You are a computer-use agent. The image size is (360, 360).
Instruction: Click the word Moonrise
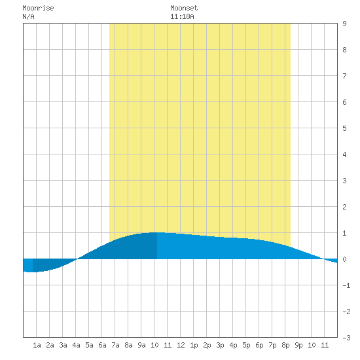tap(38, 8)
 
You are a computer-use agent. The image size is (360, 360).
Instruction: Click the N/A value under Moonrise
tap(28, 16)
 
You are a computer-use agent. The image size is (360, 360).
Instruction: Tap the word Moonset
tap(184, 8)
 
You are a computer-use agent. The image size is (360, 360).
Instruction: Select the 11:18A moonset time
tap(182, 16)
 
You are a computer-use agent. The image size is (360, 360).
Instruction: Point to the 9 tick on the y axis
tap(344, 24)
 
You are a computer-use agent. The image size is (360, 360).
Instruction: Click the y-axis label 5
tap(344, 128)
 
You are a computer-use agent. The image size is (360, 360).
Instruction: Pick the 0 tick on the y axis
tap(344, 259)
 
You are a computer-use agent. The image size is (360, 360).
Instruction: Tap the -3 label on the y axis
tap(346, 338)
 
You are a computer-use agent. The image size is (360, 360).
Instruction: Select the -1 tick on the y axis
tap(346, 285)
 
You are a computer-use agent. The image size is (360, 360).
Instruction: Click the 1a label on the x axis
tap(37, 345)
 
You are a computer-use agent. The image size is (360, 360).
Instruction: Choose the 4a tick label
tap(76, 345)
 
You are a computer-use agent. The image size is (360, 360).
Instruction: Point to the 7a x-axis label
tap(115, 345)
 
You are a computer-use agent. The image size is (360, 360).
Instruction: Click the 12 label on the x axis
tap(181, 345)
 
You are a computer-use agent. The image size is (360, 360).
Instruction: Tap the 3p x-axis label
tap(220, 345)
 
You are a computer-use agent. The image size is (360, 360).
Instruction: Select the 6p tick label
tap(259, 345)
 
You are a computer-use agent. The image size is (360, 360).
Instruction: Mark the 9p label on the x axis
tap(298, 345)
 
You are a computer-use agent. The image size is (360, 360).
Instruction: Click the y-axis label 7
tap(344, 76)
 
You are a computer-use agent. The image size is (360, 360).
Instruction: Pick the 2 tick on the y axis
tap(344, 207)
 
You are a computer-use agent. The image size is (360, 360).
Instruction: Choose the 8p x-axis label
tap(285, 345)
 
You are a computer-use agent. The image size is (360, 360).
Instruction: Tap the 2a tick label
tap(50, 345)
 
